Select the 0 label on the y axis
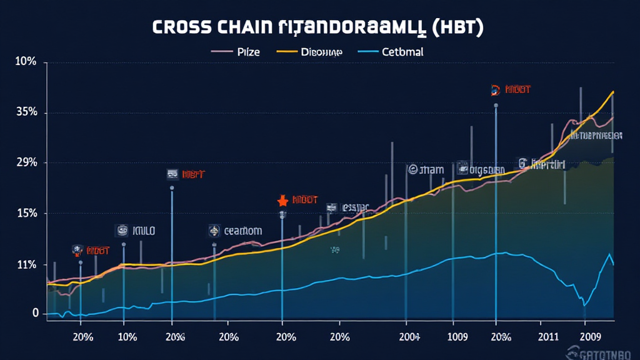36,313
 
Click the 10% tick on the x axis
127,337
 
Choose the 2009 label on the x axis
595,337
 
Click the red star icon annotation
282,201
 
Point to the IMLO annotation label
143,231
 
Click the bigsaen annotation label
486,169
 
